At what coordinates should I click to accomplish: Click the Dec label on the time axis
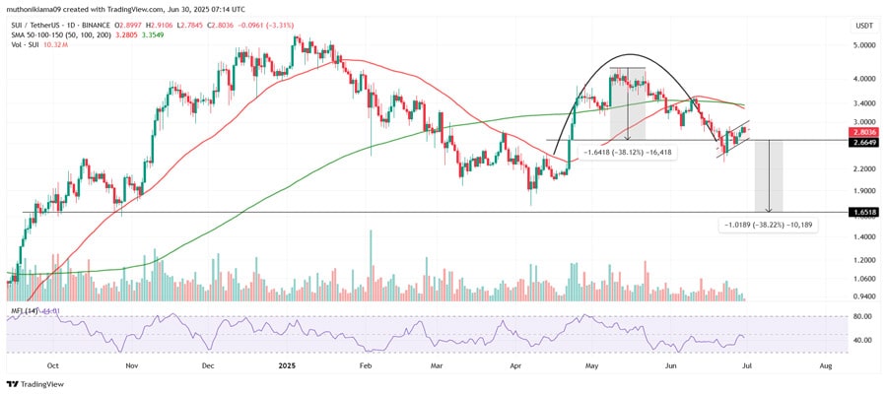(x=209, y=363)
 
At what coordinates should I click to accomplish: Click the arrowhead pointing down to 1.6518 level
(x=768, y=209)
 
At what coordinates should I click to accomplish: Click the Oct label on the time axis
(x=53, y=363)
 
